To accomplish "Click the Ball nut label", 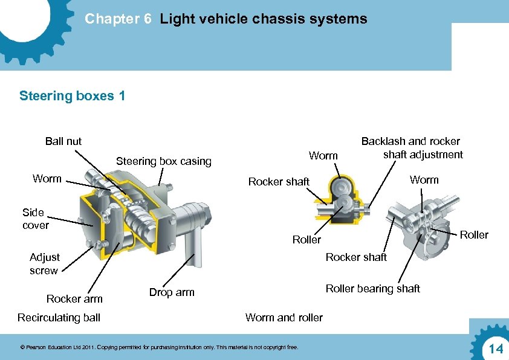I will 63,141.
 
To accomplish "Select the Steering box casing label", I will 163,161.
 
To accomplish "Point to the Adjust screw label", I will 44,264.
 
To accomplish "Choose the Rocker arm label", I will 74,298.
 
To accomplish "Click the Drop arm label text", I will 172,292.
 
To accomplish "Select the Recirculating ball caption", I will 59,318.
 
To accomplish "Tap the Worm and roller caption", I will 284,318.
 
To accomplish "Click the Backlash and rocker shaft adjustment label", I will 411,148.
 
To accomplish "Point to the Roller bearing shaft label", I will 372,289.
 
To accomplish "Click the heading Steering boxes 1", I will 73,95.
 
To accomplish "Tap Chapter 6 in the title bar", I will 118,19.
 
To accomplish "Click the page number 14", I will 496,349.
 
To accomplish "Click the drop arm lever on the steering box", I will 193,245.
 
